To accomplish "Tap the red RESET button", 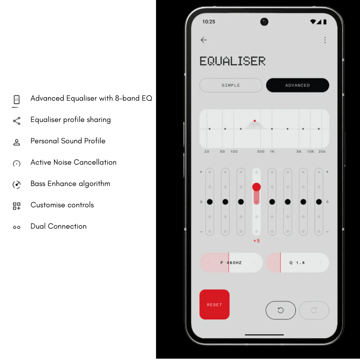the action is (214, 304).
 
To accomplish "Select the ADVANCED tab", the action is (298, 85).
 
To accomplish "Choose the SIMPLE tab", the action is (231, 85).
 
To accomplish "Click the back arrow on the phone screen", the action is (204, 40).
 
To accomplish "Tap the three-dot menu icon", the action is (325, 40).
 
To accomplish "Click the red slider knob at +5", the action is (256, 187).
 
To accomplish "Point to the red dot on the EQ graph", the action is (255, 121).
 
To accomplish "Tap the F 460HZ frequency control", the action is (231, 263).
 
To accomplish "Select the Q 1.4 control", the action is (298, 263).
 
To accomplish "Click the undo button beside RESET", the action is (281, 310).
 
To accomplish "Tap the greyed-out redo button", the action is (314, 310).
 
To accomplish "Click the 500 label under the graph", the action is (261, 152).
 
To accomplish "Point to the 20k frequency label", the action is (322, 152).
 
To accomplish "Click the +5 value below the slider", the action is (256, 241).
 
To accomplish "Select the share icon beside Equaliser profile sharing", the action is (17, 121).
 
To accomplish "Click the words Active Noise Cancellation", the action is (73, 162).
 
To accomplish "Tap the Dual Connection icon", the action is (17, 227).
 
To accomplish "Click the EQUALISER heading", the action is (232, 61).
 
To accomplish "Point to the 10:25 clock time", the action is (209, 22).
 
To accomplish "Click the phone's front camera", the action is (264, 22).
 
